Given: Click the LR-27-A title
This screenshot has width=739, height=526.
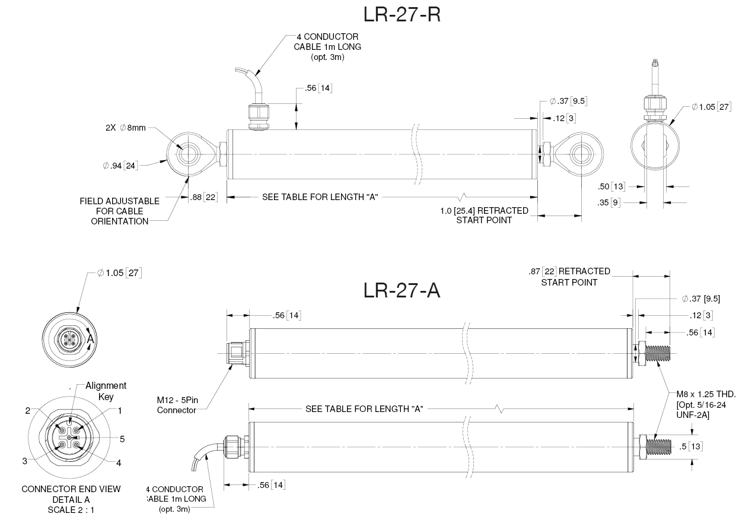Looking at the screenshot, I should point(402,290).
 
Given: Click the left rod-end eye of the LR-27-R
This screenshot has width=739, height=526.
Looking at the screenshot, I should point(189,154).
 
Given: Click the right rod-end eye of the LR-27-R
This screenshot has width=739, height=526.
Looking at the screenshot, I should point(581,154).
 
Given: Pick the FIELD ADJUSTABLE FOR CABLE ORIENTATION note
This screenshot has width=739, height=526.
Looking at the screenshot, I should point(119,211).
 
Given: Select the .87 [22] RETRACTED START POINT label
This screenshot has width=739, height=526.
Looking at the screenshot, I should point(569,276).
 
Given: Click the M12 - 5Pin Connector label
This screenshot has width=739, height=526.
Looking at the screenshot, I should point(176,405).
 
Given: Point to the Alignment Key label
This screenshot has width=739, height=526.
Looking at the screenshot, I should point(106,391).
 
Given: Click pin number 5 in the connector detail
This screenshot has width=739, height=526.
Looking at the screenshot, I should point(122,439).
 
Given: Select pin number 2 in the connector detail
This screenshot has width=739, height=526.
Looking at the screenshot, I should point(27,410).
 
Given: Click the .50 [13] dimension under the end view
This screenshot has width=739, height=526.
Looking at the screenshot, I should point(611,186).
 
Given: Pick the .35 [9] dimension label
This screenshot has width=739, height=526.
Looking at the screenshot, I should point(611,203).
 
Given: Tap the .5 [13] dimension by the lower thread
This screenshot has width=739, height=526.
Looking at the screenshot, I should point(691,446).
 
